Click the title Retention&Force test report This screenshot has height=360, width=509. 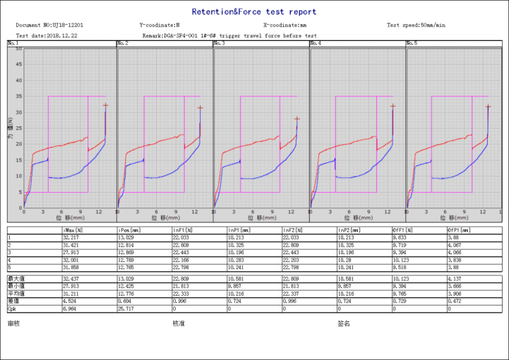254,12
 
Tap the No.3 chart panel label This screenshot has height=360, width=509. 220,44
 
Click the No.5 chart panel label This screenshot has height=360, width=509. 412,44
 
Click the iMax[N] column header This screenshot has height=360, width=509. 73,230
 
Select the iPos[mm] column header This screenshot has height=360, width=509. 128,230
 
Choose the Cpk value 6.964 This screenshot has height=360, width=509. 71,308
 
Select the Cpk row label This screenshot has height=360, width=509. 12,308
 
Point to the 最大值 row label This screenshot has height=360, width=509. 14,280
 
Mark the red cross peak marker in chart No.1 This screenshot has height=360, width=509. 105,105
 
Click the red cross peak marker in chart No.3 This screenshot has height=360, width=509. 297,119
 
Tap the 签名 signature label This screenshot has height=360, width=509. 344,323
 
